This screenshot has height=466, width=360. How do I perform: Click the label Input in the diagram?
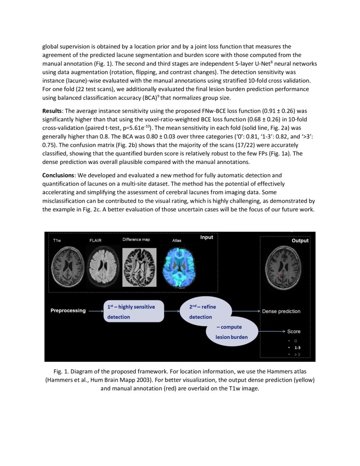pyautogui.click(x=207, y=237)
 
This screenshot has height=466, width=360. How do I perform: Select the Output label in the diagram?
pyautogui.click(x=300, y=241)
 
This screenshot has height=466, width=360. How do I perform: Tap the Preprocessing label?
pyautogui.click(x=68, y=311)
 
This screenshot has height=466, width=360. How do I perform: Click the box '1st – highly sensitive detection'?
pyautogui.click(x=133, y=311)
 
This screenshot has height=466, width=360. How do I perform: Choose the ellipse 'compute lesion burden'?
pyautogui.click(x=232, y=332)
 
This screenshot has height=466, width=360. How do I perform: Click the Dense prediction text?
pyautogui.click(x=281, y=311)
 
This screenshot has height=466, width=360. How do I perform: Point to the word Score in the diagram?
pyautogui.click(x=294, y=331)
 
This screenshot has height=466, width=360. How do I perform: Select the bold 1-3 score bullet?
pyautogui.click(x=297, y=347)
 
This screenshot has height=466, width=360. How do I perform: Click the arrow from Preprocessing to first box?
pyautogui.click(x=96, y=311)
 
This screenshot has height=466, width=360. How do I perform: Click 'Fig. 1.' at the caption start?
pyautogui.click(x=61, y=372)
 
